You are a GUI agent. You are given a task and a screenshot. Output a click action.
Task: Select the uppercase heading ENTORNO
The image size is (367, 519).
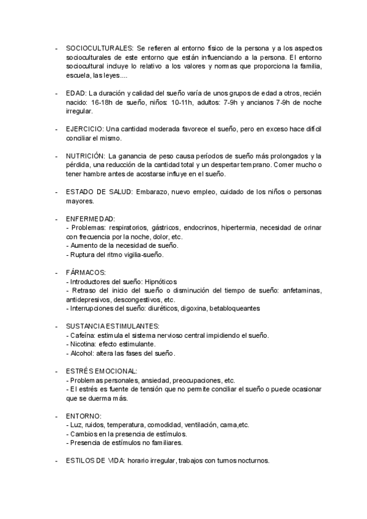(x=83, y=416)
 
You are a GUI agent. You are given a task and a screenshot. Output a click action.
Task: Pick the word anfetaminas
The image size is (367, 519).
(x=300, y=290)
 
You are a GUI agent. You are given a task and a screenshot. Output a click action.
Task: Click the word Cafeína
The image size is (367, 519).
(x=81, y=335)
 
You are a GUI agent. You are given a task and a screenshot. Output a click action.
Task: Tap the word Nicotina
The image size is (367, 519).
(x=81, y=345)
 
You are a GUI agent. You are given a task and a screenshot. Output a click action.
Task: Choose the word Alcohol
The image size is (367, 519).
(x=81, y=353)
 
